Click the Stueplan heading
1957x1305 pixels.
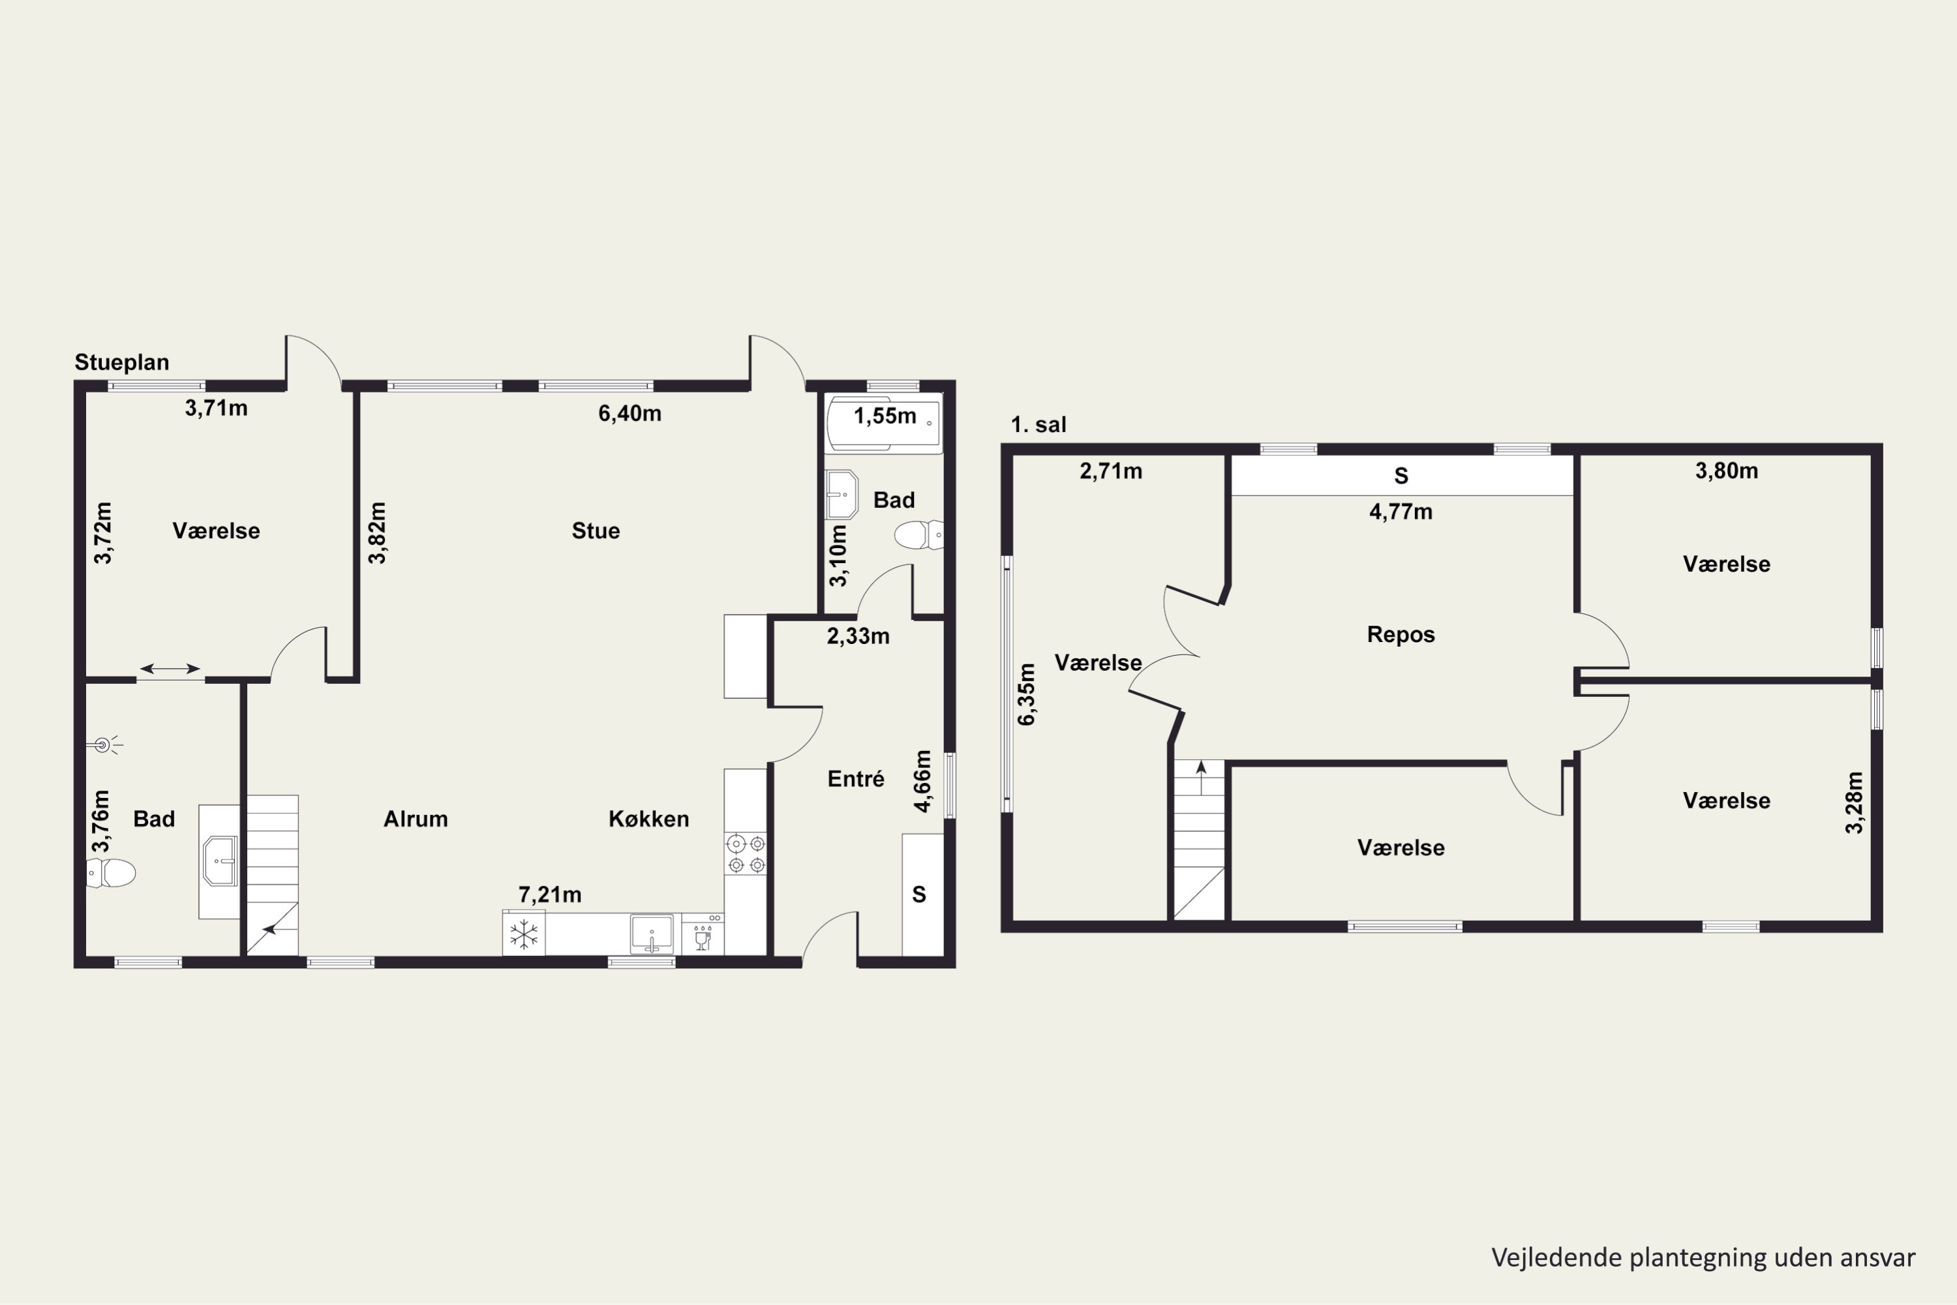point(121,363)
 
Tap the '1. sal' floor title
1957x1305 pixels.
point(1039,425)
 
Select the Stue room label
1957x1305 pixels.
point(596,531)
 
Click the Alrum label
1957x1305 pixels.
point(415,819)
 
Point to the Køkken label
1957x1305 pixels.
point(649,819)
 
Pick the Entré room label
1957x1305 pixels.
point(855,779)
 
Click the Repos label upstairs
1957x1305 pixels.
point(1401,634)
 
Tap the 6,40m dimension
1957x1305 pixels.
point(630,414)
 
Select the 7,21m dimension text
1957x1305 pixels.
point(550,895)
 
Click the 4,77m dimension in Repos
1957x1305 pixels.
point(1401,512)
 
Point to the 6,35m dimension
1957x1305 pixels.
point(1027,694)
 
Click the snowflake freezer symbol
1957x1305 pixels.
point(523,934)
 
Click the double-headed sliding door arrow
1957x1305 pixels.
point(170,668)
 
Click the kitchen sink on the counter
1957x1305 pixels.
point(652,934)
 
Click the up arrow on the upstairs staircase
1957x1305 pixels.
point(1201,777)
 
